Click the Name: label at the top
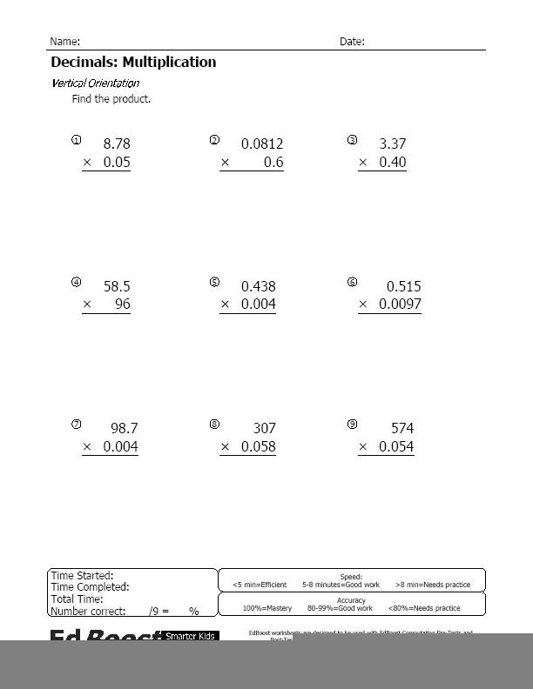[x=64, y=42]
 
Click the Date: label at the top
[x=352, y=42]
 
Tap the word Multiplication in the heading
[x=169, y=63]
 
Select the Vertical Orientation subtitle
[x=95, y=84]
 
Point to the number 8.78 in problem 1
[x=117, y=144]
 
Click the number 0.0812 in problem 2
[x=261, y=144]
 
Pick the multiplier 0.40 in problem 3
[x=393, y=163]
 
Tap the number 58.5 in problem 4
[x=117, y=286]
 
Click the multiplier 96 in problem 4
[x=122, y=305]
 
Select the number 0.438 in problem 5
[x=258, y=286]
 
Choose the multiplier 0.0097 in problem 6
[x=400, y=305]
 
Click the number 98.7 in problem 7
[x=124, y=429]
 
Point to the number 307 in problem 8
[x=263, y=429]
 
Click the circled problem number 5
[x=214, y=283]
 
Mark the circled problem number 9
[x=352, y=425]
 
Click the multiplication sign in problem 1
[x=87, y=163]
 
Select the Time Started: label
[x=82, y=576]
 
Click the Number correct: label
[x=88, y=612]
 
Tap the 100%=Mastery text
[x=266, y=608]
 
